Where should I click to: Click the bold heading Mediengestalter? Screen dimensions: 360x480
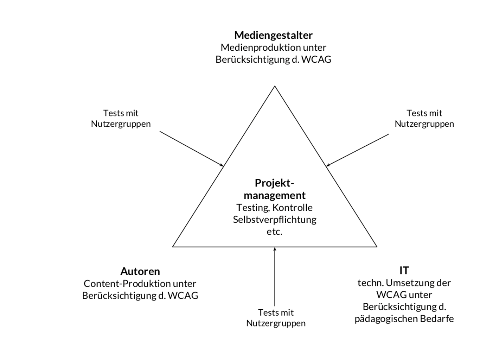273,35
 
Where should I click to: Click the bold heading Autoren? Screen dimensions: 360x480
140,272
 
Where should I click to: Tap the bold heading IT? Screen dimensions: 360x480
404,271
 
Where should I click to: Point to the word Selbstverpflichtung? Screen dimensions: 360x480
274,220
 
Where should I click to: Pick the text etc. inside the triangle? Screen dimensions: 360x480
274,232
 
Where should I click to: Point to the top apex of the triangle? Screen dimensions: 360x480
275,86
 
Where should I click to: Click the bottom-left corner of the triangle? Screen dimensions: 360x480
173,246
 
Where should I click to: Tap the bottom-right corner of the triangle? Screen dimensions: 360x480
377,246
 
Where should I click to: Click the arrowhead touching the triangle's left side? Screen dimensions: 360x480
222,165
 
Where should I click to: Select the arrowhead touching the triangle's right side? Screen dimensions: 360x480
328,165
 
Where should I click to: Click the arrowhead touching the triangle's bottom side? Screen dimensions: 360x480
275,249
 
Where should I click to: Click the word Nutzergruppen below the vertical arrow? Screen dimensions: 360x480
276,323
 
